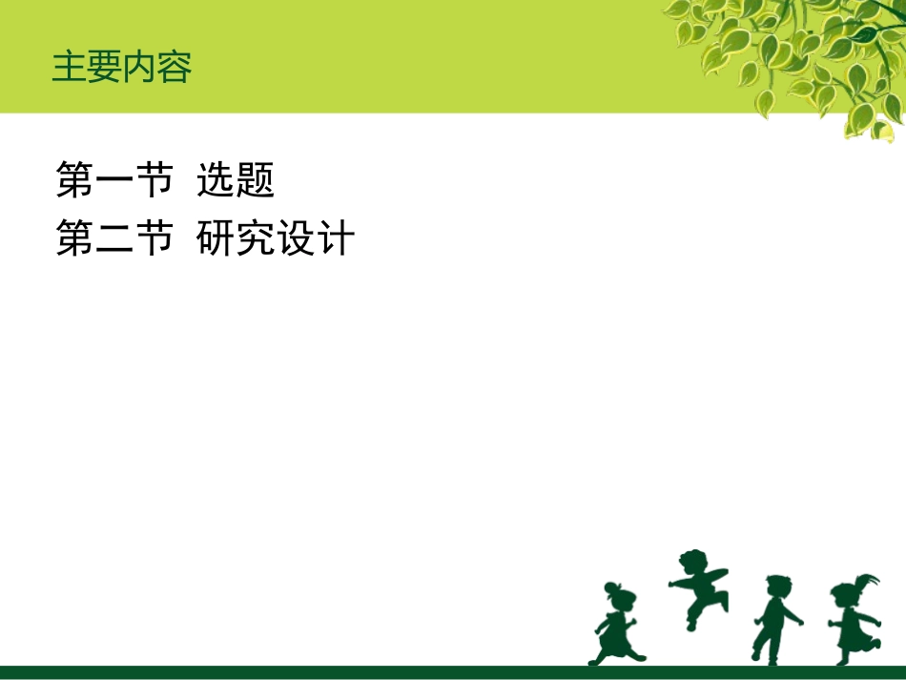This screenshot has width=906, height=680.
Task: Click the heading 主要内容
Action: point(122,68)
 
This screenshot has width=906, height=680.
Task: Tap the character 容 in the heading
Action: point(175,68)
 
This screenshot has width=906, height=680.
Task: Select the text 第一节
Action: point(114,180)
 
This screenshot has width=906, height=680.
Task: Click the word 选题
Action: point(236,180)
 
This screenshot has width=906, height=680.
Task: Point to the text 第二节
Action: point(114,238)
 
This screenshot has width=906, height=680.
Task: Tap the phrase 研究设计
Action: point(276,238)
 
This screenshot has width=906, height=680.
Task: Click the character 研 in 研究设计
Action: point(216,238)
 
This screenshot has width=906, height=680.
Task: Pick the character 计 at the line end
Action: point(336,238)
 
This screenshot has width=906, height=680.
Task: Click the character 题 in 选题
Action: point(256,180)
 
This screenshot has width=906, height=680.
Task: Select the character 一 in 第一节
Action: point(114,181)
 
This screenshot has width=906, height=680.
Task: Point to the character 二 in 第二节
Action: point(114,239)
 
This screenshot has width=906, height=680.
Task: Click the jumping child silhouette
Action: point(699,587)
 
